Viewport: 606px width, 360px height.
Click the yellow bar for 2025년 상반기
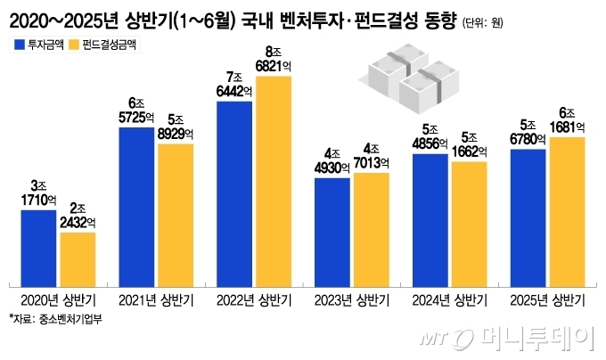click(x=566, y=211)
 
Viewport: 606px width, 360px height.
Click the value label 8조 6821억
click(x=273, y=60)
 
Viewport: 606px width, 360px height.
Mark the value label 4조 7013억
click(x=371, y=156)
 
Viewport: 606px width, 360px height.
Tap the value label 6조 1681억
click(x=566, y=119)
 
